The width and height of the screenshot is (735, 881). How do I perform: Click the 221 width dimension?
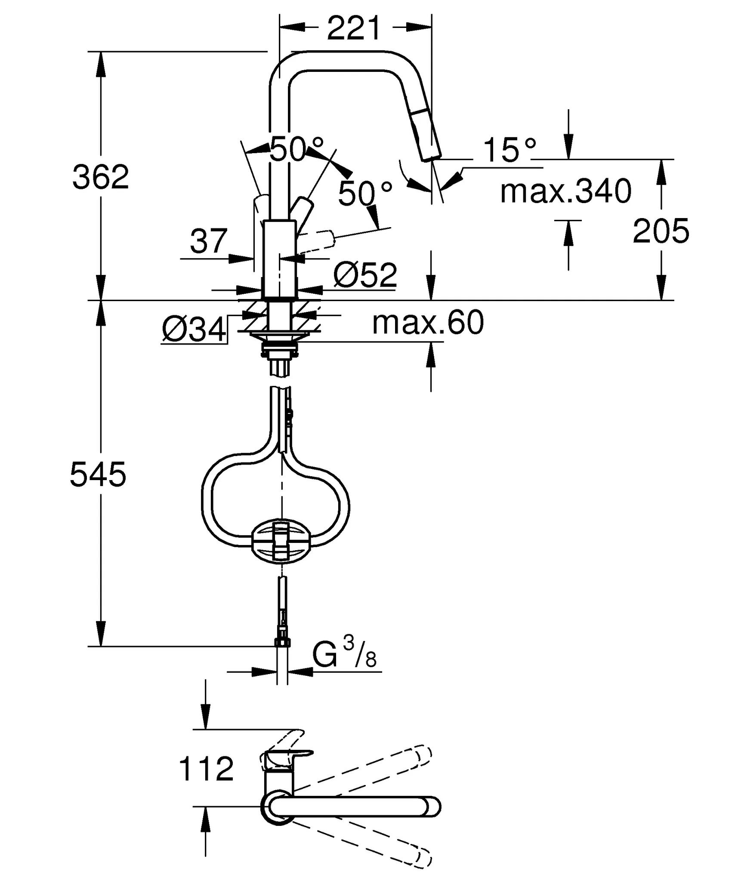[354, 28]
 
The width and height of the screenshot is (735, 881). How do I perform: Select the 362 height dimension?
[101, 177]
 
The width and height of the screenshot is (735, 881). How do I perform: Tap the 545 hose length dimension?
[98, 474]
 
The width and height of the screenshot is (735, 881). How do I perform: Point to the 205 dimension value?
[661, 231]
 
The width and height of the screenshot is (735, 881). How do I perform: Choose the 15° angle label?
[510, 150]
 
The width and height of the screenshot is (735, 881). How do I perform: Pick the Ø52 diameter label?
[365, 275]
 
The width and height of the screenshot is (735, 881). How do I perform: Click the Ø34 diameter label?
[194, 330]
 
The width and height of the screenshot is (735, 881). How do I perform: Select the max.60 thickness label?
[428, 323]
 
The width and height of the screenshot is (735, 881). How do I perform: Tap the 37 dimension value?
[209, 241]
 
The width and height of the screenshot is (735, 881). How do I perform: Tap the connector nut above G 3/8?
[282, 643]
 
